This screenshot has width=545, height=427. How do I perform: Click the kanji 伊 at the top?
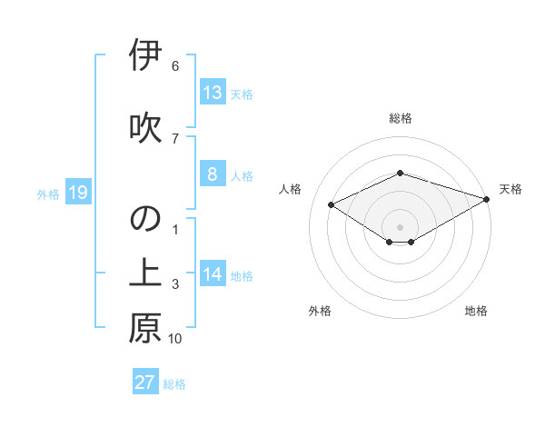145,56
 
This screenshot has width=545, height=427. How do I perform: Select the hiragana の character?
145,219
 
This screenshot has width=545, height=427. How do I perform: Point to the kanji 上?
145,274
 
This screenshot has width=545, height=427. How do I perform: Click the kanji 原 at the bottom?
145,329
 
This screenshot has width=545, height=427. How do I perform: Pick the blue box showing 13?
212,92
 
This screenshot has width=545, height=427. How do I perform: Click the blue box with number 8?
212,174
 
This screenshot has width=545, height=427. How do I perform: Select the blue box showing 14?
212,274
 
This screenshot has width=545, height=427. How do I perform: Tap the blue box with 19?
77,193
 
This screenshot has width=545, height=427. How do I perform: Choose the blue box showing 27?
145,382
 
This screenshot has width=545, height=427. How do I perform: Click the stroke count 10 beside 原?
175,339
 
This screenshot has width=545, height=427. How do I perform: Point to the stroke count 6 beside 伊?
175,66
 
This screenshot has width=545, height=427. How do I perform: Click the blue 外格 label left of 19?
48,194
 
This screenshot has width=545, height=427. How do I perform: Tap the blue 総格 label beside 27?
175,383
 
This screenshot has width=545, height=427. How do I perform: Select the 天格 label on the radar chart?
510,189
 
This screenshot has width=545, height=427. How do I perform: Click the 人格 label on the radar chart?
291,189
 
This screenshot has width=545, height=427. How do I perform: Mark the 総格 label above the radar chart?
400,119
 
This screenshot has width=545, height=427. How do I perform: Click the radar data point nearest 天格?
487,197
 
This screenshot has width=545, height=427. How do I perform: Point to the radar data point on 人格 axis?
331,204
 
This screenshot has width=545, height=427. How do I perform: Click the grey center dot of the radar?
400,225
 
